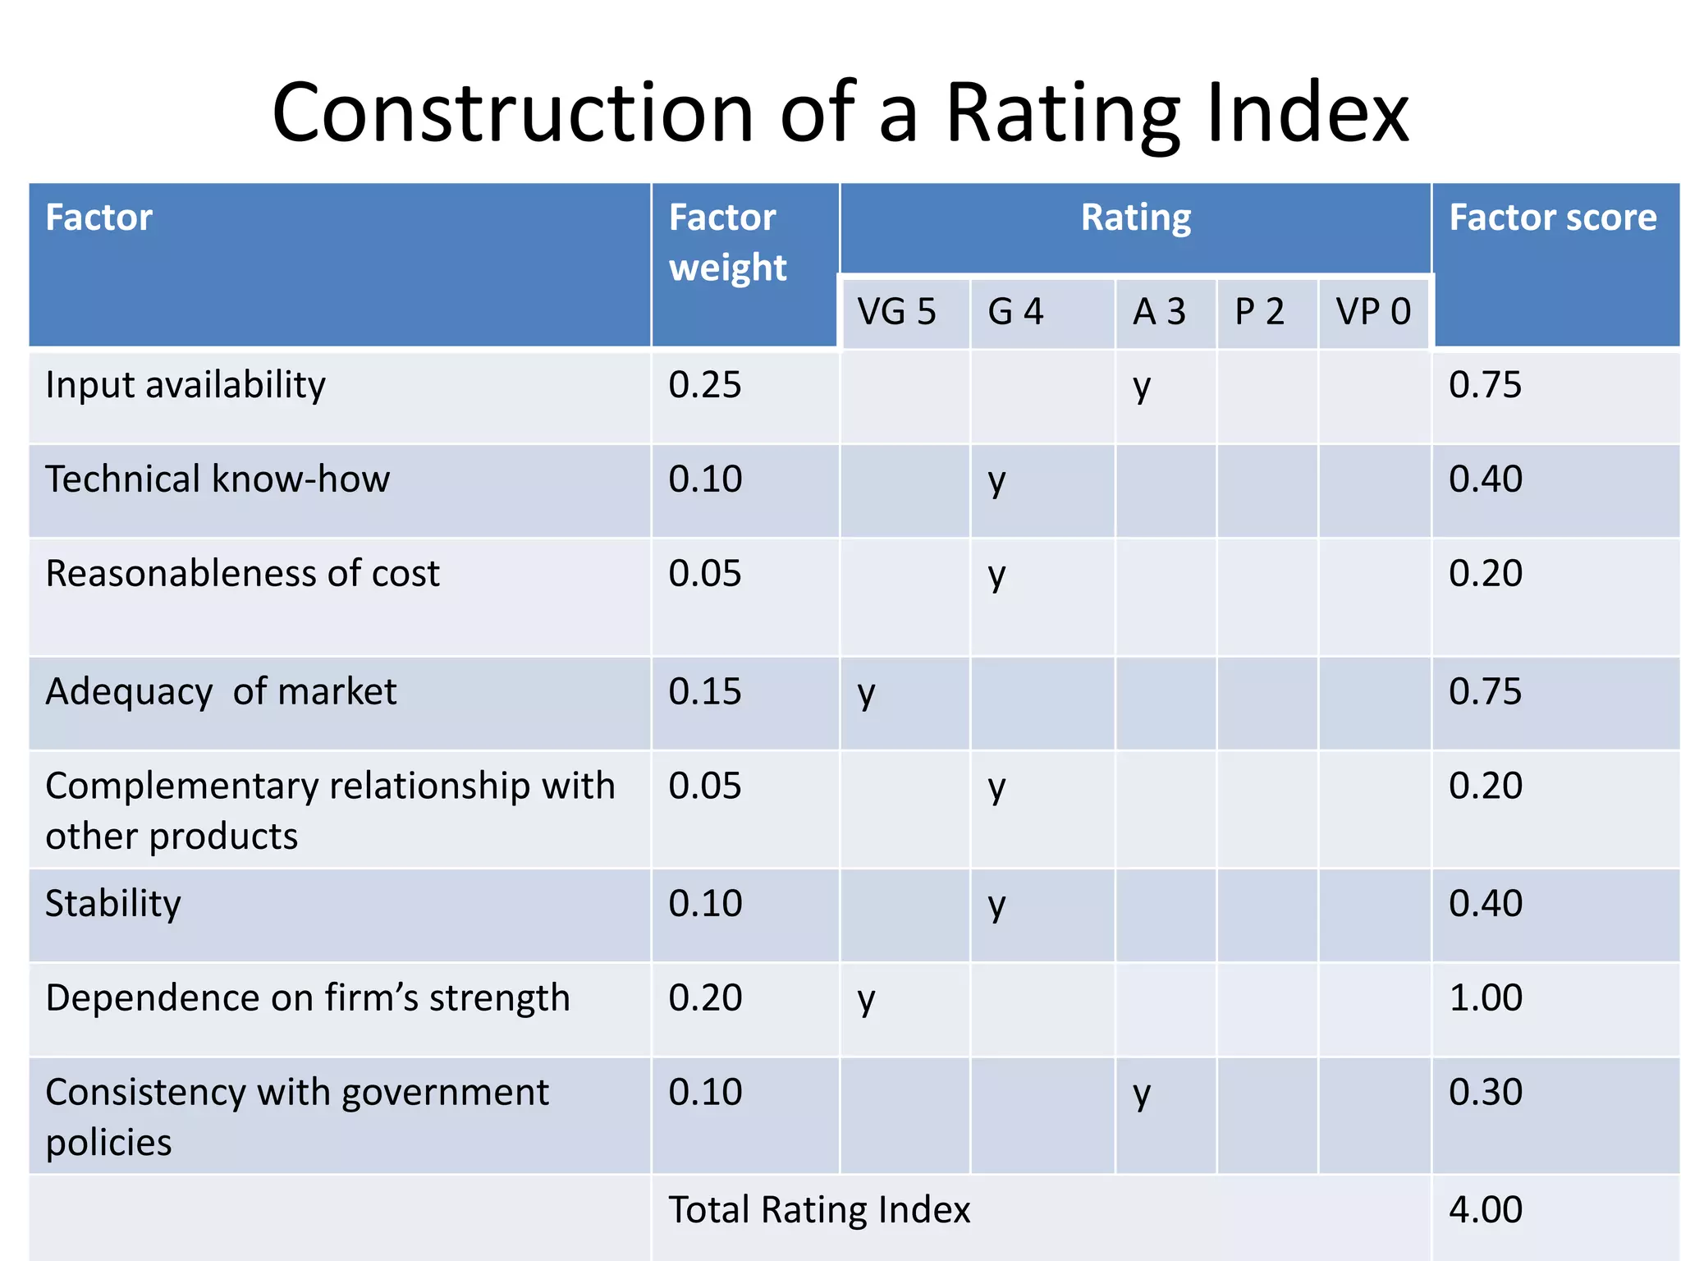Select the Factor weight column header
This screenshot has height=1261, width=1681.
click(x=727, y=242)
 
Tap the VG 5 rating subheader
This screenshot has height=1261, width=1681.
click(x=896, y=312)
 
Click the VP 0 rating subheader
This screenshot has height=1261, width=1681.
click(x=1373, y=312)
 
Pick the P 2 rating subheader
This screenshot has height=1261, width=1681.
click(x=1259, y=312)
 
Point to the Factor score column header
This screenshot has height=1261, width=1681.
click(x=1552, y=218)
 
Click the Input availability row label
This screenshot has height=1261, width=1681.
click(x=186, y=385)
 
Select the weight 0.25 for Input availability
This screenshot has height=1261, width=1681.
click(x=704, y=385)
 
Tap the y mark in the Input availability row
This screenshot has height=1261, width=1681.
click(x=1142, y=387)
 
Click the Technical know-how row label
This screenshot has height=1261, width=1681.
click(x=218, y=479)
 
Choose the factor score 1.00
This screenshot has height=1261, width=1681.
click(x=1485, y=997)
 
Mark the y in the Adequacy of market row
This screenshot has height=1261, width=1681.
click(x=866, y=694)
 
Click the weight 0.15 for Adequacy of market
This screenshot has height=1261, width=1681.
click(x=704, y=691)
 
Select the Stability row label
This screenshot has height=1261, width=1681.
click(x=113, y=903)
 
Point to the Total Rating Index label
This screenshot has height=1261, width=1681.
click(x=819, y=1209)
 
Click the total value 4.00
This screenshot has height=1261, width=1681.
click(x=1485, y=1209)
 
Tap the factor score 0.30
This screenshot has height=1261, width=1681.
click(x=1485, y=1092)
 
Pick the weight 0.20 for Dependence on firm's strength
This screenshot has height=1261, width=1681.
click(x=704, y=997)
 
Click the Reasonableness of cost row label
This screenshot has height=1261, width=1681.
click(x=242, y=573)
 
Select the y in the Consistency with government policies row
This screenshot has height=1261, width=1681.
click(x=1142, y=1094)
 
